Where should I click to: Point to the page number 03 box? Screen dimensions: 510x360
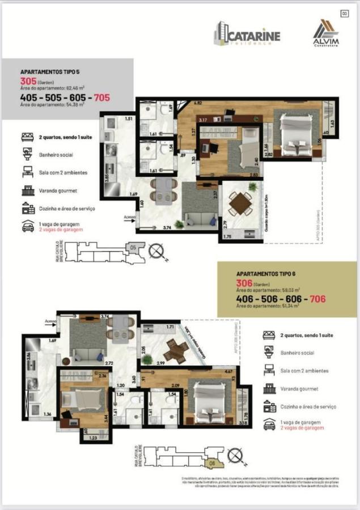coord(344,14)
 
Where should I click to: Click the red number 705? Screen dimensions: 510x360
coord(102,97)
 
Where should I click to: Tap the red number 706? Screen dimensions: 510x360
coord(317,298)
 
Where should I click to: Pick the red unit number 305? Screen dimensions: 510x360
coord(28,81)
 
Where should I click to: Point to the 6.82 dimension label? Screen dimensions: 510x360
coord(198,104)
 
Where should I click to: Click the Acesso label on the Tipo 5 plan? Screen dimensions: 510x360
coord(129,216)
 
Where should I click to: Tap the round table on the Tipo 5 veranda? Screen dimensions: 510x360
coord(240,202)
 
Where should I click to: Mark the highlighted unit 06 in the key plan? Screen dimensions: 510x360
coord(211,463)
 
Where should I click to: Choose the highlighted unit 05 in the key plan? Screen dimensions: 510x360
coord(133,248)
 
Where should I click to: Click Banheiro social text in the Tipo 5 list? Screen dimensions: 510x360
coord(56,155)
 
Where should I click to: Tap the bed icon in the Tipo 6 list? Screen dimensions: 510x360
coord(269,335)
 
